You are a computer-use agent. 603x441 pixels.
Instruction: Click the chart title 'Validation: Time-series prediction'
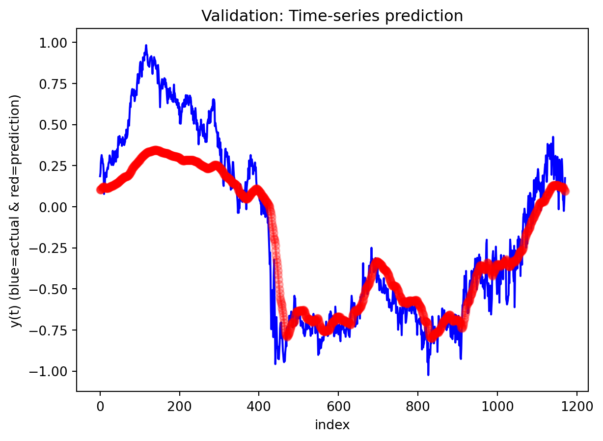click(332, 16)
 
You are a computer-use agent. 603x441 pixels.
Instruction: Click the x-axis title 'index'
click(332, 425)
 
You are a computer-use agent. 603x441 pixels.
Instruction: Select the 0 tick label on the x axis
click(100, 404)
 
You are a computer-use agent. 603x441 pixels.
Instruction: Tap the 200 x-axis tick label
click(180, 404)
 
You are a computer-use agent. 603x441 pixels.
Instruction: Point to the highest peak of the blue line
click(146, 45)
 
